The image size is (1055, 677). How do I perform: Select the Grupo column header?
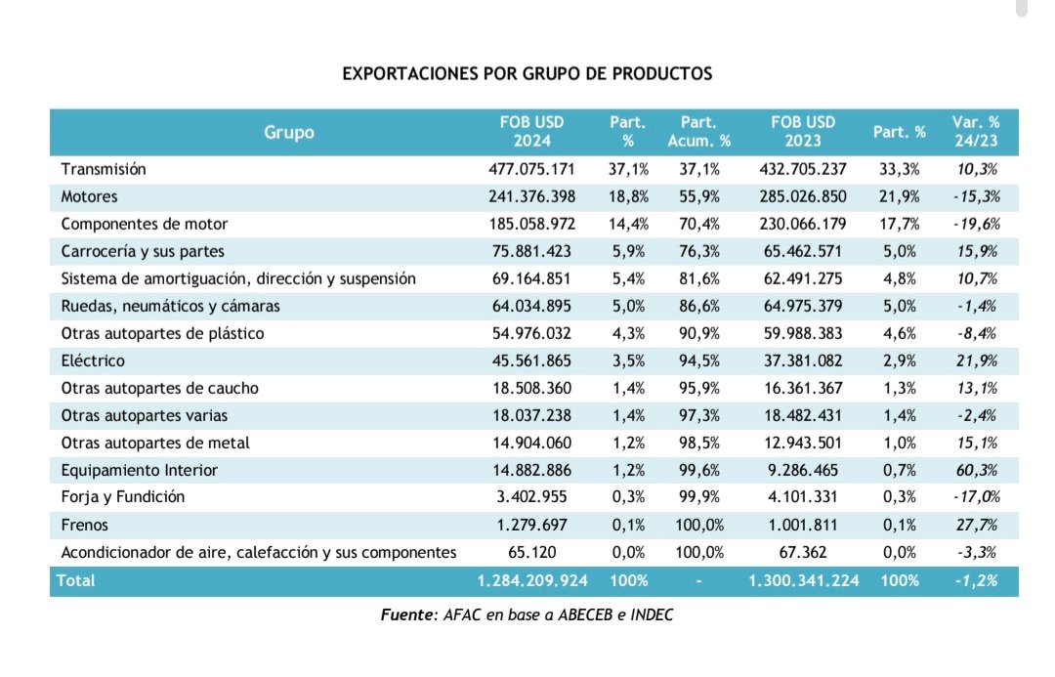288,133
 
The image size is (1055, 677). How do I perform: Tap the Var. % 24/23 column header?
976,131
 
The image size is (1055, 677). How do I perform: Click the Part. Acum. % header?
698,131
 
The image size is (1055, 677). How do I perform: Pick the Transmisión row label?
104,169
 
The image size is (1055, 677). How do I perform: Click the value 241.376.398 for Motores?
531,196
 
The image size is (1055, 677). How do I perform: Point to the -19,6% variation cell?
976,224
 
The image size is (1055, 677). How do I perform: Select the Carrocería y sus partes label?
143,252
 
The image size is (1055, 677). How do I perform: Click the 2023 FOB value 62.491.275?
803,278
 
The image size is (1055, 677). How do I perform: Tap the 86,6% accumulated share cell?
699,306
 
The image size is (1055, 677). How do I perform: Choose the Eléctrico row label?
93,360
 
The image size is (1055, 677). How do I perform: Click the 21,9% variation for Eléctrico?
977,360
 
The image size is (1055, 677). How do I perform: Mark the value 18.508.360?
531,388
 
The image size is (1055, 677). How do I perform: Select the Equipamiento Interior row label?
140,470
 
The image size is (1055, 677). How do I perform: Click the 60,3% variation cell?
977,470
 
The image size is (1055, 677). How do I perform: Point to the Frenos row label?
84,525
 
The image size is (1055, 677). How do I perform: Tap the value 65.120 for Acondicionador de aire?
531,553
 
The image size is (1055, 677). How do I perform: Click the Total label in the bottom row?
75,580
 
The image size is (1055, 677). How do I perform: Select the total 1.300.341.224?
803,580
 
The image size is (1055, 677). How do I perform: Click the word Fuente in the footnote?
408,614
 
